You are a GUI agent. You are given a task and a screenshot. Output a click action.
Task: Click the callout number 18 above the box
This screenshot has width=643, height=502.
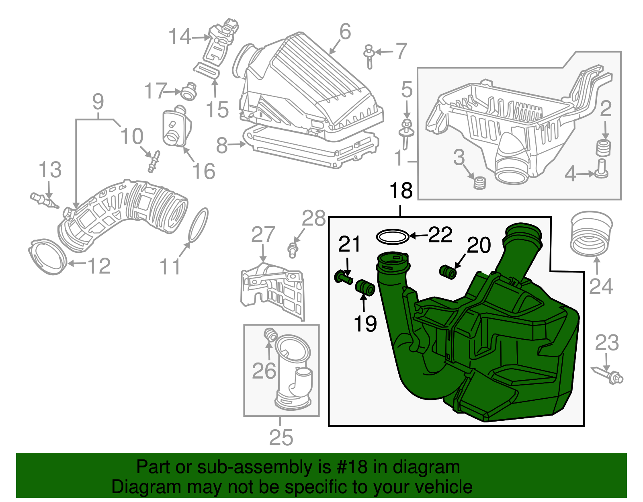401,191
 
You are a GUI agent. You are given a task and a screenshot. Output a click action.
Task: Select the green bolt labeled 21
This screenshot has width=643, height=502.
343,277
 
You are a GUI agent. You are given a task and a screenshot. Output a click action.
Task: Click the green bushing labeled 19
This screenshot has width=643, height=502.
365,287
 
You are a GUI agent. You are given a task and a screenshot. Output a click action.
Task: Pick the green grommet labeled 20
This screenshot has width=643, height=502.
448,272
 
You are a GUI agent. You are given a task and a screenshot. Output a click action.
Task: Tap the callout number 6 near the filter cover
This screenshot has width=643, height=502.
345,32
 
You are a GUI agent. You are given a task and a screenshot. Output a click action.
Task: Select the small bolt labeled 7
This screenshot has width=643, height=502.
369,56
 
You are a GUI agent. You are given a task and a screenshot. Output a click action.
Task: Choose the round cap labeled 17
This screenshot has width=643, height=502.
188,92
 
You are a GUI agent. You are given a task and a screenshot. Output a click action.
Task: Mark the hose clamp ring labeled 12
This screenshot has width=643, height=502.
47,257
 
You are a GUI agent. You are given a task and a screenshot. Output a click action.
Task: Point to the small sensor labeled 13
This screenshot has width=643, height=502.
43,200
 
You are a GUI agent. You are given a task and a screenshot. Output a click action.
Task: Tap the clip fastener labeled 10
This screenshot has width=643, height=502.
154,161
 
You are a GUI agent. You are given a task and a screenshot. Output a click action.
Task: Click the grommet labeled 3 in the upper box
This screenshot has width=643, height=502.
479,183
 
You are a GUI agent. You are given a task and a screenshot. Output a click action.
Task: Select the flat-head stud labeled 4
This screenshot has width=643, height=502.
601,168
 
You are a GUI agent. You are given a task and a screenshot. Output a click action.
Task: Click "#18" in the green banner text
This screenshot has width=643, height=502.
349,467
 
